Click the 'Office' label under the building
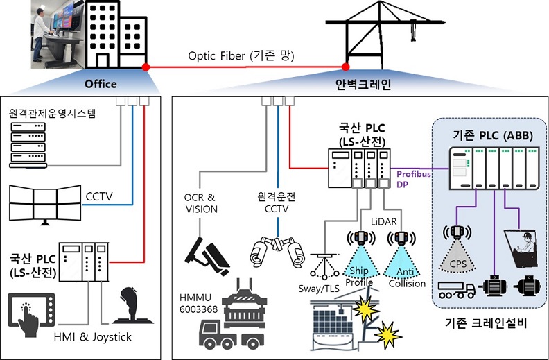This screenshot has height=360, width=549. tap(101, 84)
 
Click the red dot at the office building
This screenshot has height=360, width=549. tap(146, 67)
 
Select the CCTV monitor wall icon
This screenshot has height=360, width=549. tap(45, 203)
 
